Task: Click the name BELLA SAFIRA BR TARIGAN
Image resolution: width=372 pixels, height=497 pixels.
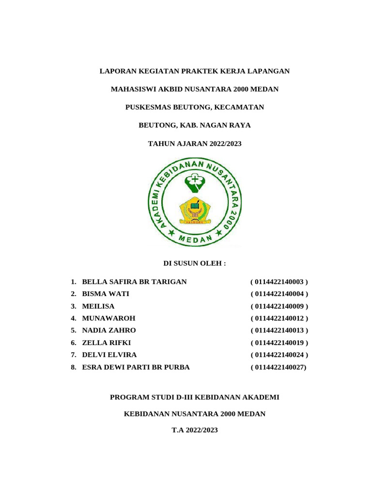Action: tap(134, 282)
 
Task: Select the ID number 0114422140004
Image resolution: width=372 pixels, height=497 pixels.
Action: tap(279, 294)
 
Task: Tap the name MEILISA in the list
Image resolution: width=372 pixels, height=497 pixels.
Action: tap(98, 306)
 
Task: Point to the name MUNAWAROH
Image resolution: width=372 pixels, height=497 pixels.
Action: tap(109, 318)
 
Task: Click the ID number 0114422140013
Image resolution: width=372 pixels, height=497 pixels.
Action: tap(279, 331)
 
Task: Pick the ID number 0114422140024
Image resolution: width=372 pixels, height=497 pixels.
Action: tap(279, 355)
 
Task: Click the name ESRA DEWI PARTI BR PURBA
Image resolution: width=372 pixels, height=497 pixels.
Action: tap(136, 367)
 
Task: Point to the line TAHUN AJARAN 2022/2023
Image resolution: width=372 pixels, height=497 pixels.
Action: tap(194, 144)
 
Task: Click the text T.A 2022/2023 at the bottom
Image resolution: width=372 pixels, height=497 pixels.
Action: tap(195, 430)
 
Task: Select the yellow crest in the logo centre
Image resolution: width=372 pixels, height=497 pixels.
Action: tap(195, 210)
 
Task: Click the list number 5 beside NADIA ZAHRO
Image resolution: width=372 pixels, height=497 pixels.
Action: tap(73, 331)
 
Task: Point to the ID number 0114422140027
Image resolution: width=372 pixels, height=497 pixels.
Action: tap(279, 367)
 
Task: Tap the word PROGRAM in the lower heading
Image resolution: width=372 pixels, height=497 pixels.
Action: tap(128, 398)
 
